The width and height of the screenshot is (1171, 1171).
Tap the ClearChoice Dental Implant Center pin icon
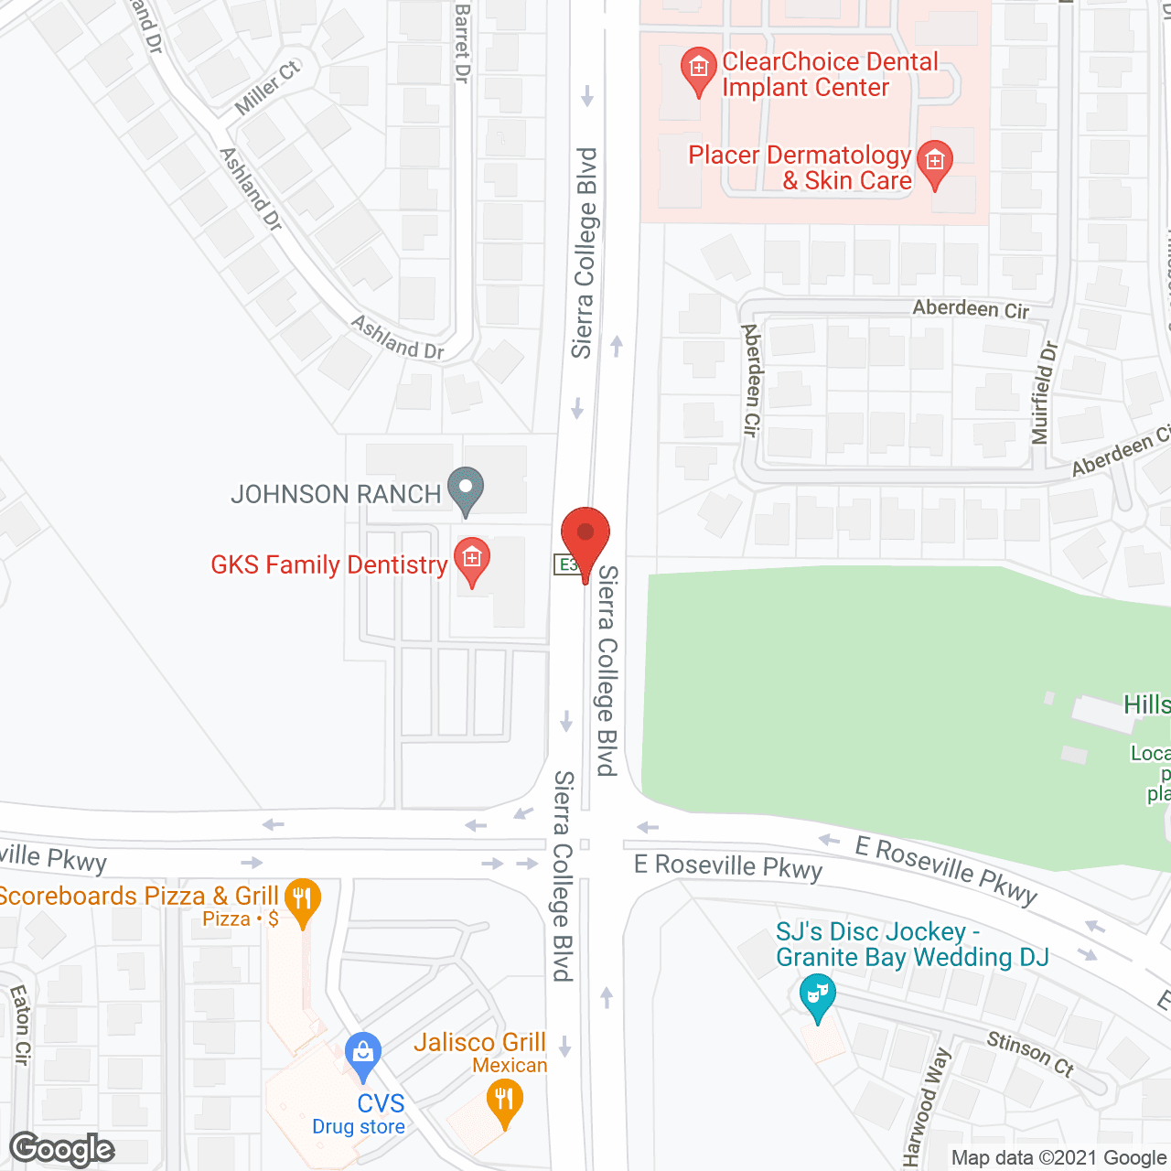point(699,70)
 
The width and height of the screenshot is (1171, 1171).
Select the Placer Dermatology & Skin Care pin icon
point(934,163)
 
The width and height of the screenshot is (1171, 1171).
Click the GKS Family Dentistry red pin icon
point(472,559)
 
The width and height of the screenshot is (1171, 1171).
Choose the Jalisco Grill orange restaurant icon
point(504,1101)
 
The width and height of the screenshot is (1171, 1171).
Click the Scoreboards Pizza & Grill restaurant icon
point(302,899)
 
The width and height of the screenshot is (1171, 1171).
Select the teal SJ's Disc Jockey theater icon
point(817,994)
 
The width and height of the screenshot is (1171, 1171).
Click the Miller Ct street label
point(266,88)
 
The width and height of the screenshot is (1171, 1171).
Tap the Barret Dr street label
point(462,43)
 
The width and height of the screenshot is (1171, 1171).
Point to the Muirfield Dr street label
point(1044,392)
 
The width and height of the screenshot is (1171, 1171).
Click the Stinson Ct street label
point(1030,1053)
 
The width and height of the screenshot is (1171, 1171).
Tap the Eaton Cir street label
point(20,1025)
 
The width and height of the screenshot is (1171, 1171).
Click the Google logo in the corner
point(62,1149)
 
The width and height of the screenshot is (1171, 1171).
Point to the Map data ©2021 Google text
point(1059,1158)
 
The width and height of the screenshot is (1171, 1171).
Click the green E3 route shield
point(566,564)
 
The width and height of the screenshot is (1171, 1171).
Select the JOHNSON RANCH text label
point(336,494)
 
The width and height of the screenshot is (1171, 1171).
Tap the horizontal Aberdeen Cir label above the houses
point(971,309)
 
